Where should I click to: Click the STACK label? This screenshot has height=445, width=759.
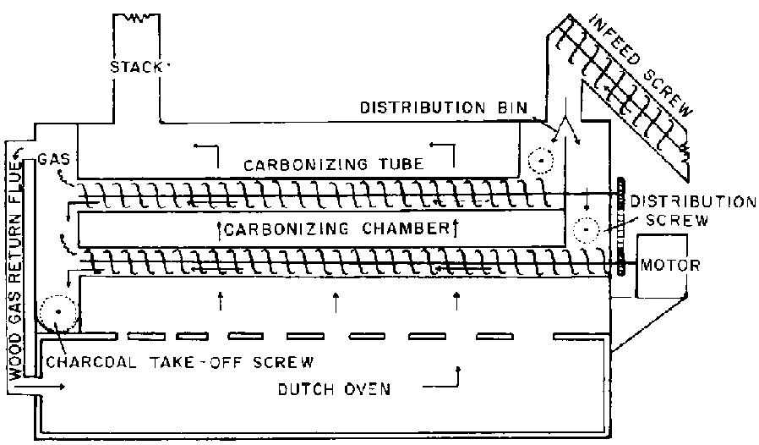tap(135, 66)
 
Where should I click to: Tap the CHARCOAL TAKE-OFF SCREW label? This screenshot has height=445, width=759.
tap(181, 362)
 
